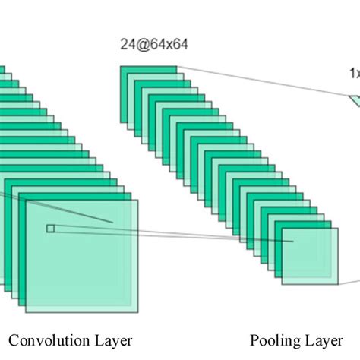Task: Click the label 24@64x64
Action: (x=153, y=45)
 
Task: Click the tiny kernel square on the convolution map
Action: (x=50, y=228)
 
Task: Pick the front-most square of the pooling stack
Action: (x=309, y=256)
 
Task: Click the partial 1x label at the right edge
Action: (x=354, y=74)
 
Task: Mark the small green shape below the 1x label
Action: (x=355, y=100)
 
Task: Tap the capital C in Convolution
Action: (x=14, y=339)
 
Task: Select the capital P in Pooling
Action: (x=254, y=339)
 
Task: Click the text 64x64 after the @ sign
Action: (x=168, y=45)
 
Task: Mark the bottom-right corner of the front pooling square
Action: (x=335, y=283)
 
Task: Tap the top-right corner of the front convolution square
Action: (x=137, y=201)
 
